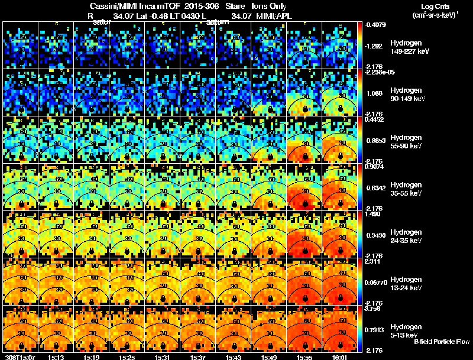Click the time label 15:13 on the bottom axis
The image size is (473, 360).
[56, 357]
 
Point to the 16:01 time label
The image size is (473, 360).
[340, 357]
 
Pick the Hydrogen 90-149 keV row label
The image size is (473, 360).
[407, 95]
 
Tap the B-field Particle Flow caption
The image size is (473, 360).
[442, 342]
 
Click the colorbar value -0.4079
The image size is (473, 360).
[376, 25]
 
